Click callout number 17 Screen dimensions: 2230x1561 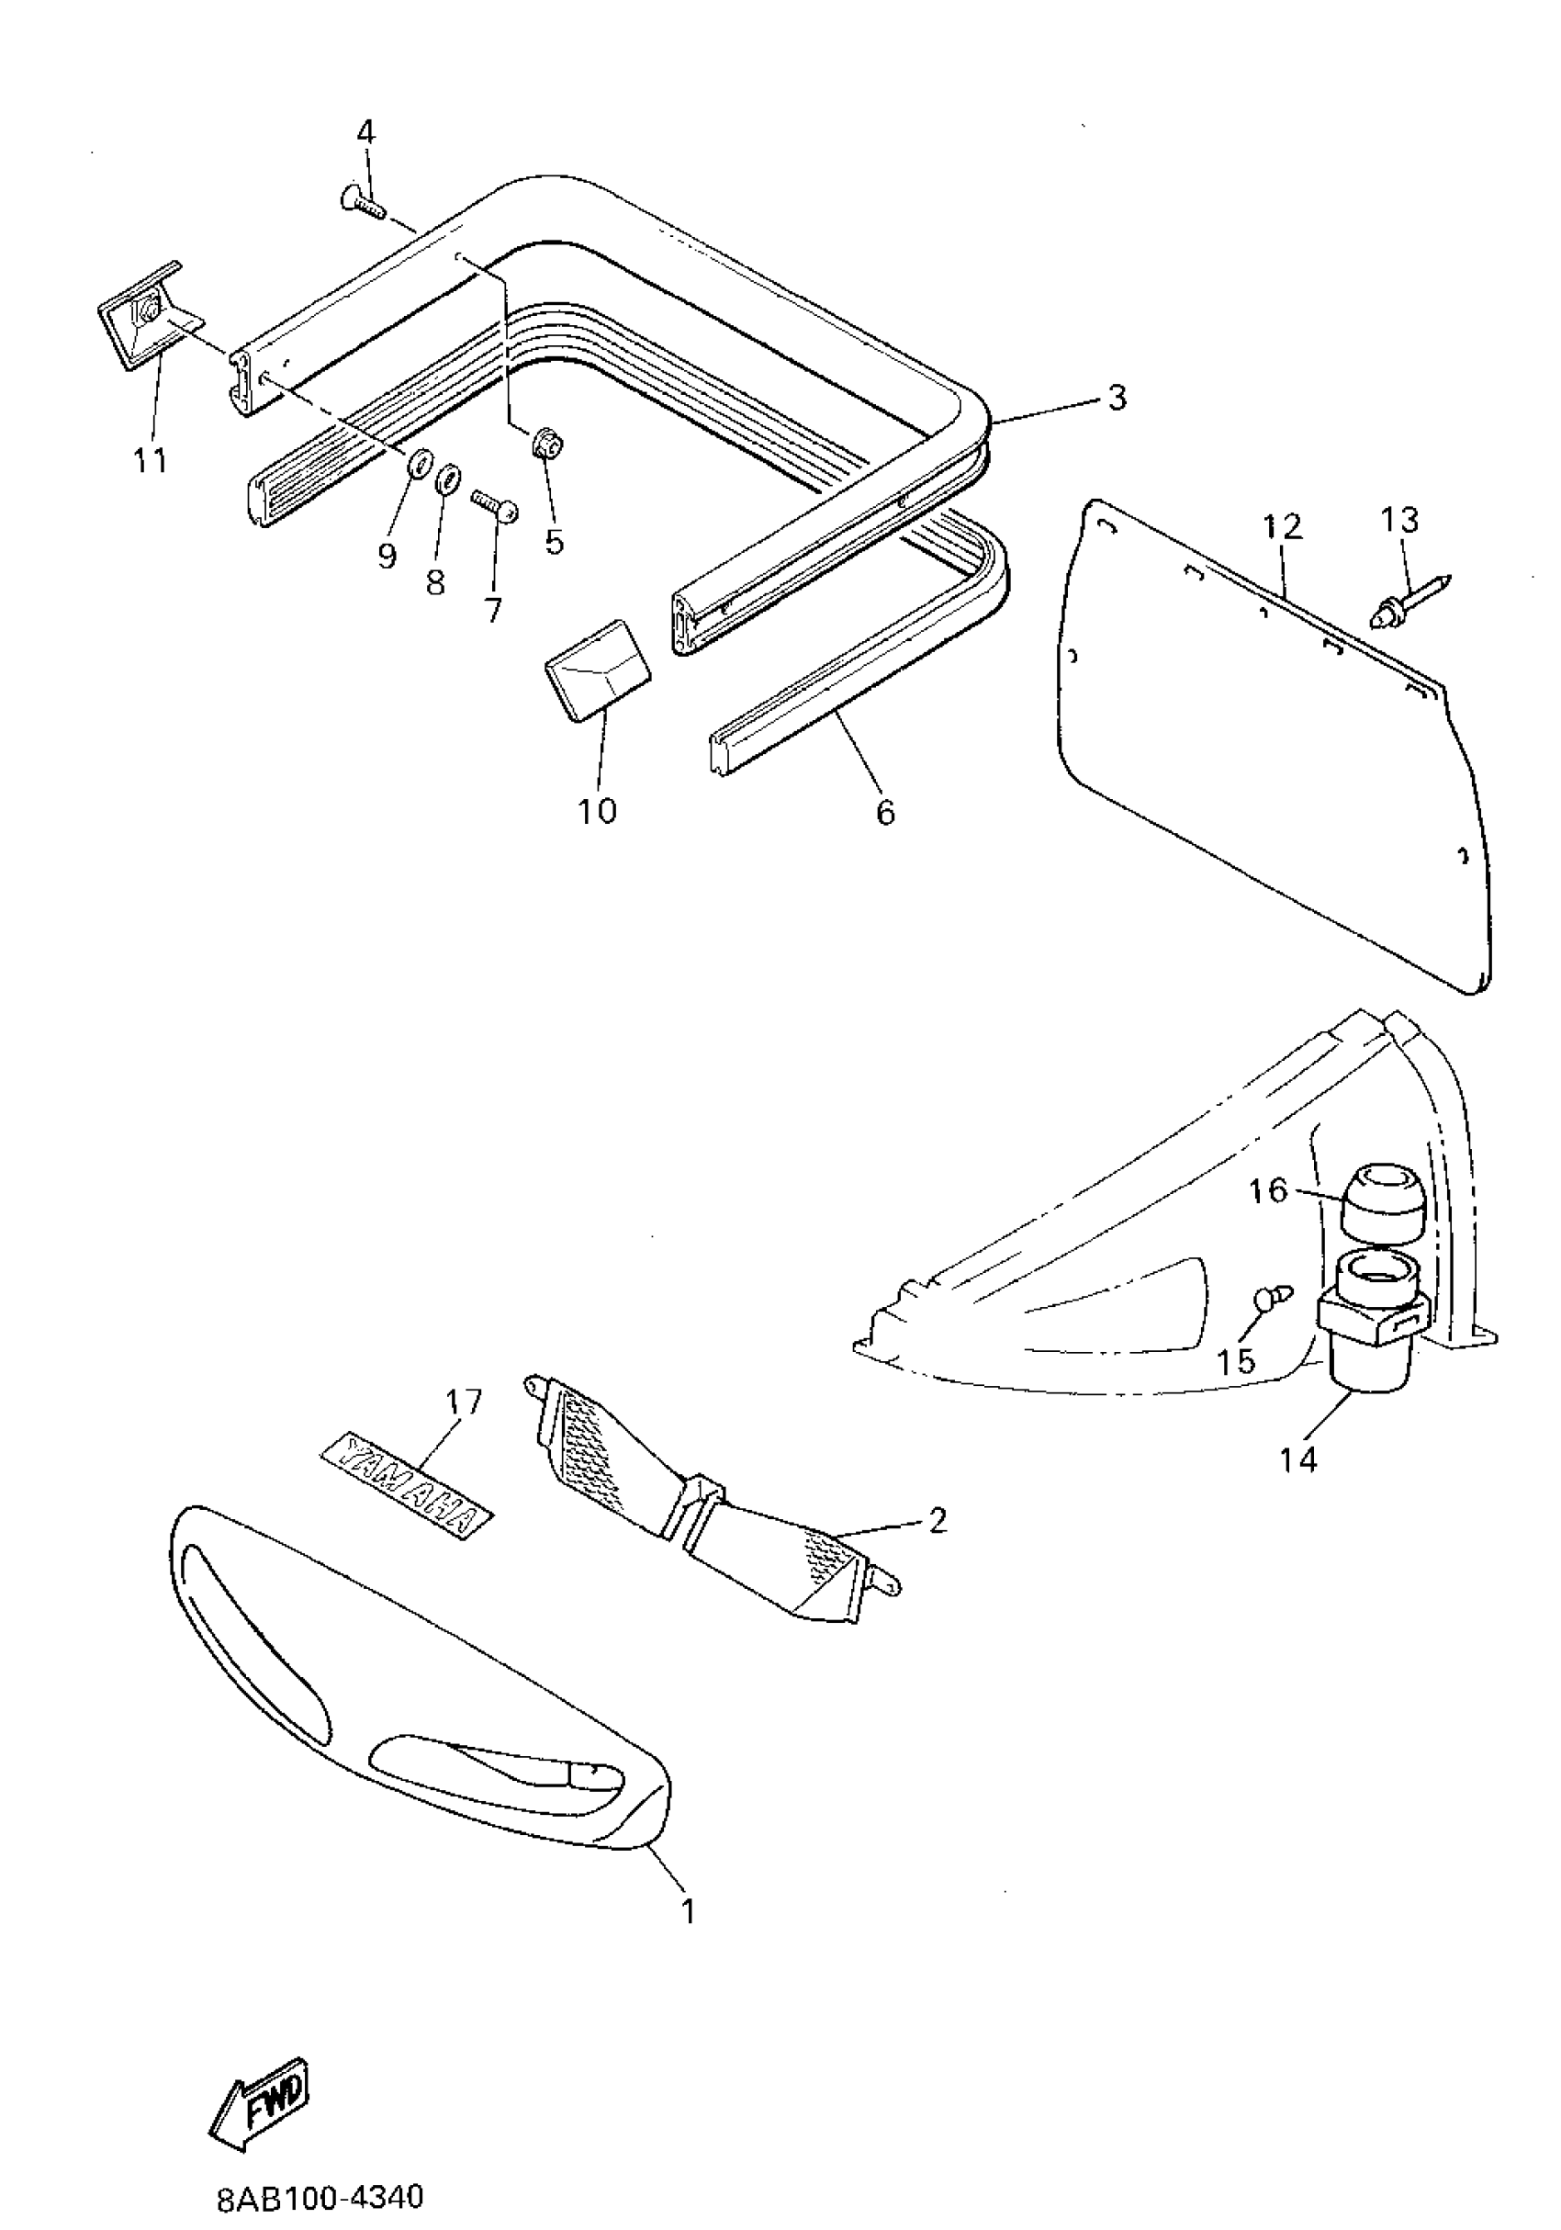[464, 1401]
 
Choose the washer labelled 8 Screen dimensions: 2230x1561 [448, 479]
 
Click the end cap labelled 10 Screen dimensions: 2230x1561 [596, 670]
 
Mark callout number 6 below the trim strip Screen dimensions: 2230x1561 [885, 811]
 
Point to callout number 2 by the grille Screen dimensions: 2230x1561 [936, 1520]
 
